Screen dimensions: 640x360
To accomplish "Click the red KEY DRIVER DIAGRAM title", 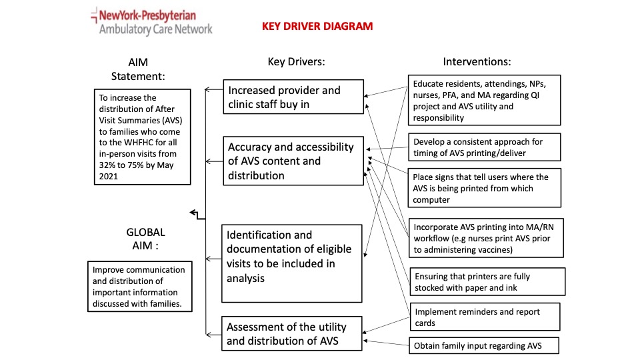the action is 317,26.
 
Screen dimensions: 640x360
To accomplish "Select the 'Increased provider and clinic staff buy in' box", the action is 293,97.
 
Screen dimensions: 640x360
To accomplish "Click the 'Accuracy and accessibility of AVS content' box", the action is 293,161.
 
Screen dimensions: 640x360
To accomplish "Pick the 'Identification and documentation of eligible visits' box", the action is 291,263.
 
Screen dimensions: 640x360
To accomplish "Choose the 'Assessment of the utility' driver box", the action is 291,333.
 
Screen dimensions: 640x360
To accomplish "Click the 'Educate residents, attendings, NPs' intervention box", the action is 484,100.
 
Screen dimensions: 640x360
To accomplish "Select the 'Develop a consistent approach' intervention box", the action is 484,147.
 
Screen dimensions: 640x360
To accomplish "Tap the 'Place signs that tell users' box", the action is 484,188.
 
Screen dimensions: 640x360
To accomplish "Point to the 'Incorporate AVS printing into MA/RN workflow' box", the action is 486,238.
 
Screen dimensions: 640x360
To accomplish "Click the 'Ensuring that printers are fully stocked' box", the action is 487,281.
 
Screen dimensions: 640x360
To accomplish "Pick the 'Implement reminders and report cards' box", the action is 485,317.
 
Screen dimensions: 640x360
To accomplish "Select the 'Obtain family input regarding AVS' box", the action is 484,346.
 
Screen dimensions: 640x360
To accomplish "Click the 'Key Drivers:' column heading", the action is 296,61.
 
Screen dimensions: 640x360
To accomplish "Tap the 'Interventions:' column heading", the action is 477,61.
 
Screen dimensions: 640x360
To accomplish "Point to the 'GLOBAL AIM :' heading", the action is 145,239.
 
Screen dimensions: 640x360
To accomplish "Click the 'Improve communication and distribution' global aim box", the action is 139,287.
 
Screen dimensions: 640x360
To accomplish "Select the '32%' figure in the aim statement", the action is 107,165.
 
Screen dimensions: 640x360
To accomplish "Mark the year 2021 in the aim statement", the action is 108,176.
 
